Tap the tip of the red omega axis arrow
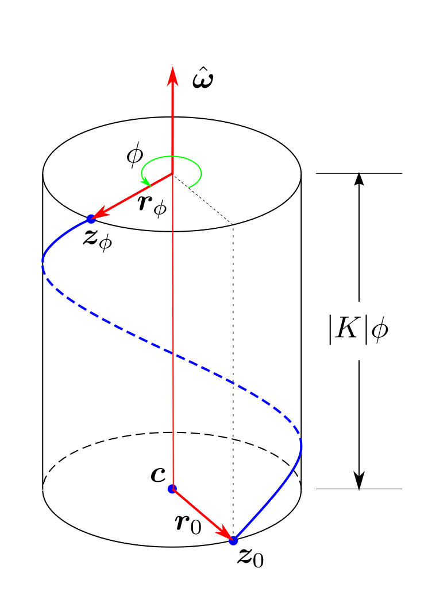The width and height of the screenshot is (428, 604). pos(172,68)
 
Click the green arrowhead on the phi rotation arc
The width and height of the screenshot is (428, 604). pos(146,182)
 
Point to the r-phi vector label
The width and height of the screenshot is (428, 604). pos(152,205)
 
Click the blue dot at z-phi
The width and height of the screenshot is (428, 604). pos(91,219)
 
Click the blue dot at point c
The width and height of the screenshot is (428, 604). pos(172,489)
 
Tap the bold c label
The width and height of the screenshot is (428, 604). pos(157,474)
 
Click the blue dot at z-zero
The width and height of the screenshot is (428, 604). pos(233,540)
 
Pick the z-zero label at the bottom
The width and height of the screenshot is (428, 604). pos(250,558)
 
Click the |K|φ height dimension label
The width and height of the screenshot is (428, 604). pos(358,332)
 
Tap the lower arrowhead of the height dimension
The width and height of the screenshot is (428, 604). pos(359,483)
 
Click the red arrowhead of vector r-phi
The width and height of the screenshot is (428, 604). pos(99,215)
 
